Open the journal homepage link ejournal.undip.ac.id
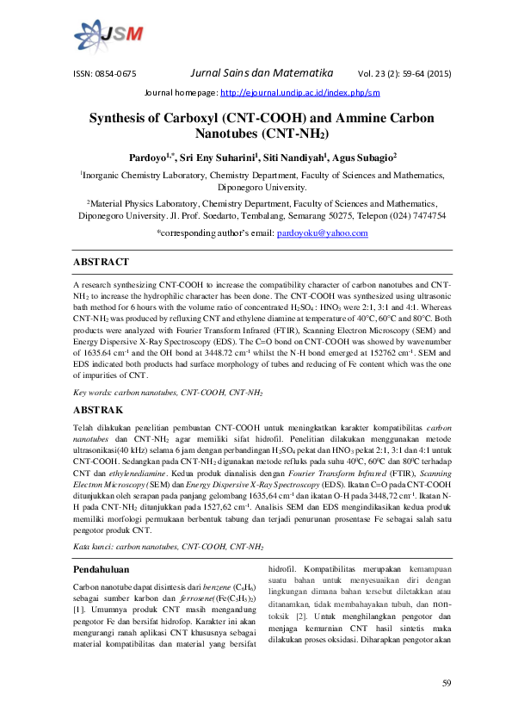[299, 92]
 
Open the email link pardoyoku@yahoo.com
[321, 233]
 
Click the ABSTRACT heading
[101, 262]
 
